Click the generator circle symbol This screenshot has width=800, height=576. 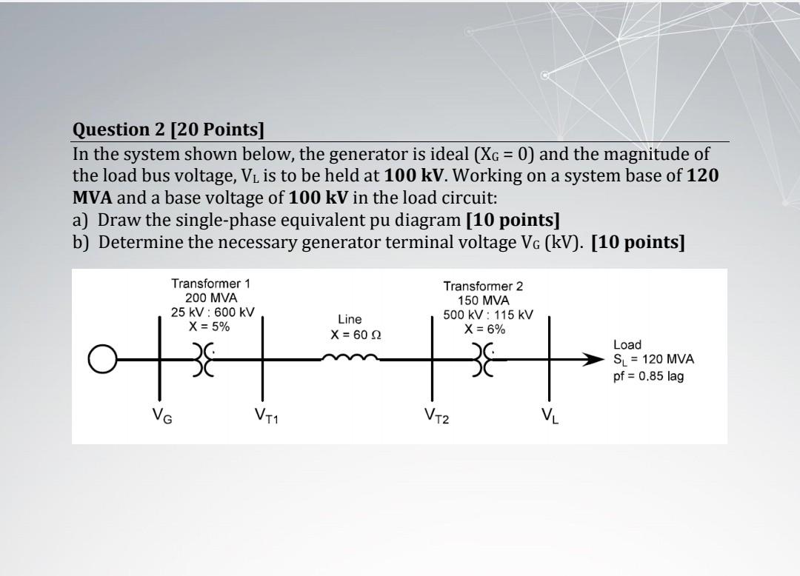coord(102,361)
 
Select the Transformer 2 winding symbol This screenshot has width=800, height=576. coord(489,361)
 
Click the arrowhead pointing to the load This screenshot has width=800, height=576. coord(594,361)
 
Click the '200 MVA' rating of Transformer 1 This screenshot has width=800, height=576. coord(212,298)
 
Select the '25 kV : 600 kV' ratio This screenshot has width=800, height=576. coord(213,312)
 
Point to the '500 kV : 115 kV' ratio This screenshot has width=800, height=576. coord(488,315)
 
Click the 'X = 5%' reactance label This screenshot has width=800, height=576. coord(210,326)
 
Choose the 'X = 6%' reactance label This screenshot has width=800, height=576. coord(483,329)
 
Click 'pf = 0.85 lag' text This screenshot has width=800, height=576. coord(648,376)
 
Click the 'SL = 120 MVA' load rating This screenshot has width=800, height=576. coord(653,360)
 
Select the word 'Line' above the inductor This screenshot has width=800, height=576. coord(350,319)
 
